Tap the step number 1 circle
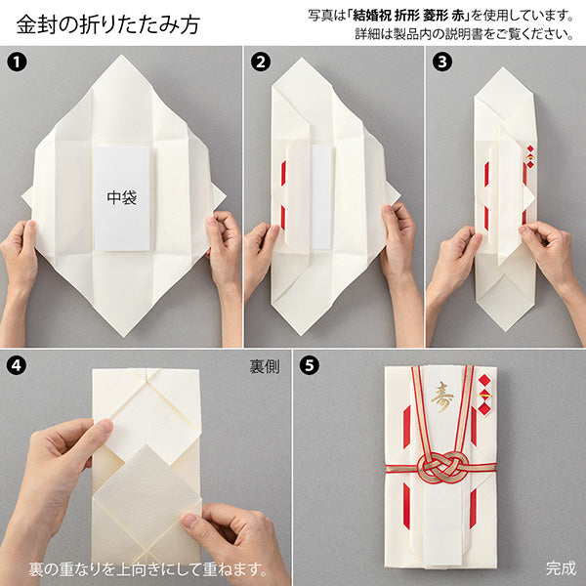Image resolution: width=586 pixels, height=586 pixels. point(16,63)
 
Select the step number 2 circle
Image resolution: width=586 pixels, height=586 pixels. point(260,63)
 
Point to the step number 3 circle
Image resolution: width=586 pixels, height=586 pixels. point(441,63)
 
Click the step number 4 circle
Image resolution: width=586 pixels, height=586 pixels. point(16,367)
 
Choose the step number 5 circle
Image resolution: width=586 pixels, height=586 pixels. point(310,367)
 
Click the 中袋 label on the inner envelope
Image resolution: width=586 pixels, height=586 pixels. point(122,195)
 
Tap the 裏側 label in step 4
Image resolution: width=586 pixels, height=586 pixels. point(264,369)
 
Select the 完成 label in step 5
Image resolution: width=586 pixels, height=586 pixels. point(561,566)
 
